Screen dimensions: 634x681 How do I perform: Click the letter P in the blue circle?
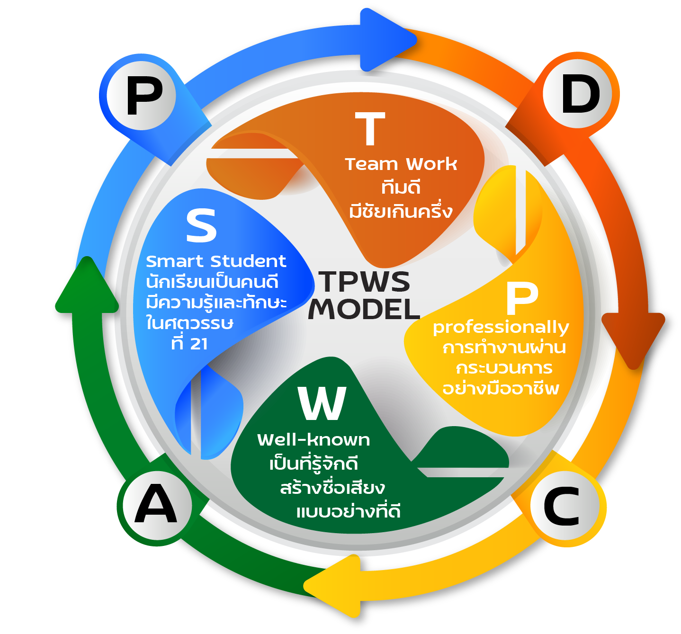(x=144, y=97)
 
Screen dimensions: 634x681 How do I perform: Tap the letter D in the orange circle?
(x=581, y=95)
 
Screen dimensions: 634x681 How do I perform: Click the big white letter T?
(x=370, y=128)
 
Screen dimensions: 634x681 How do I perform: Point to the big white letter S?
(x=201, y=226)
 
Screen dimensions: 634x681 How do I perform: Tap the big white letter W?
(x=323, y=403)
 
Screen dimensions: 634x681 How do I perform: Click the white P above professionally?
(x=522, y=298)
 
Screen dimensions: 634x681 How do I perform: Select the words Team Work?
(x=401, y=164)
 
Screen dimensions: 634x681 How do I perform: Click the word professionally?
(x=501, y=328)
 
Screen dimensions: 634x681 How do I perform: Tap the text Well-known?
(x=314, y=440)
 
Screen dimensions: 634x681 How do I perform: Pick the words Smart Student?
(x=216, y=261)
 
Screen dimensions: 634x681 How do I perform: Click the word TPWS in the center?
(x=364, y=282)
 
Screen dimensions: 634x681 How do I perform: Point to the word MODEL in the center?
(x=364, y=309)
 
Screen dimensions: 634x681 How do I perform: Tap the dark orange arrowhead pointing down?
(x=633, y=336)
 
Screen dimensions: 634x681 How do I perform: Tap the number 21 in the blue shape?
(x=199, y=344)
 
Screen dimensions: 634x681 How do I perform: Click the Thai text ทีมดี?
(x=401, y=188)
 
